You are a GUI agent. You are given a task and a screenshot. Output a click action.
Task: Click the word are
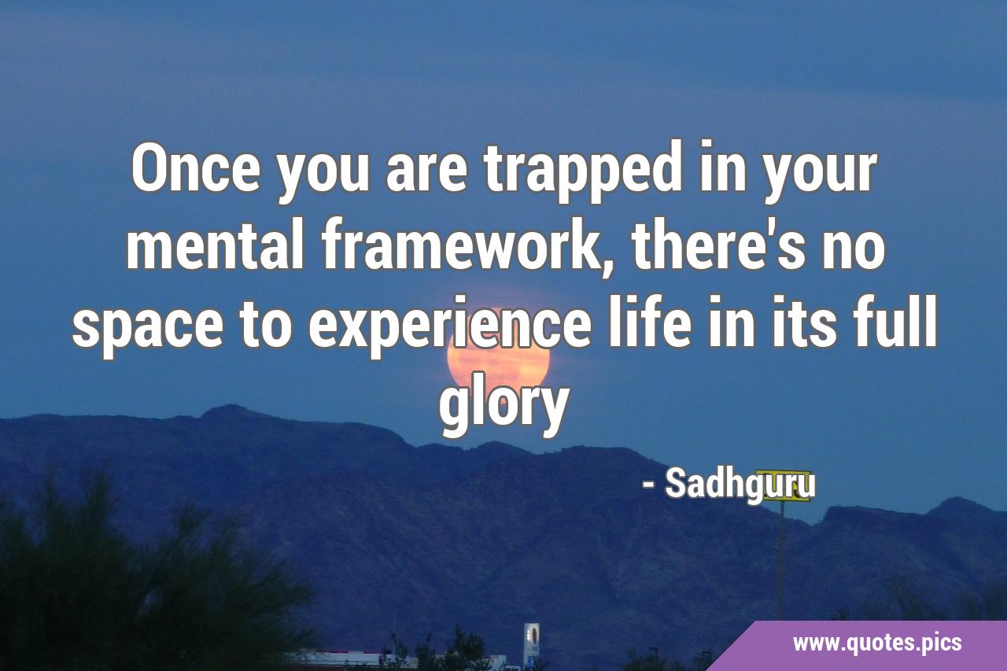tap(426, 175)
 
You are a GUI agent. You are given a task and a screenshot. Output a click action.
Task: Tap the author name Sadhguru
tap(740, 487)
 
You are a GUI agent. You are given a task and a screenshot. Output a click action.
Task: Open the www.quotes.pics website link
tap(877, 642)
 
